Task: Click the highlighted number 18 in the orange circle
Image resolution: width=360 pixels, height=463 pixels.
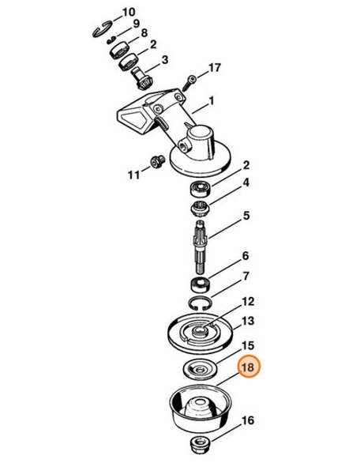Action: pos(248,368)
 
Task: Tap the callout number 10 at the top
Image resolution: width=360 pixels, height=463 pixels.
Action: pos(128,13)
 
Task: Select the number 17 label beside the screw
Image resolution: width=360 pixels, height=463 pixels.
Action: pos(214,70)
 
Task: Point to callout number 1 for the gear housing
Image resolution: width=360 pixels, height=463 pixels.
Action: pos(212,102)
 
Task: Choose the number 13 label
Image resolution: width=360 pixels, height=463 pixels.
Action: pos(248,322)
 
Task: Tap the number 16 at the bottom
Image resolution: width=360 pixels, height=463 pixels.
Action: pos(247,420)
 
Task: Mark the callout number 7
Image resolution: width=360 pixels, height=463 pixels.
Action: pos(246,277)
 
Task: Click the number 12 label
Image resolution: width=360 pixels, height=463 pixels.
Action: pos(248,301)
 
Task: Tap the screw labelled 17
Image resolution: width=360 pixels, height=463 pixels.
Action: pos(189,79)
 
